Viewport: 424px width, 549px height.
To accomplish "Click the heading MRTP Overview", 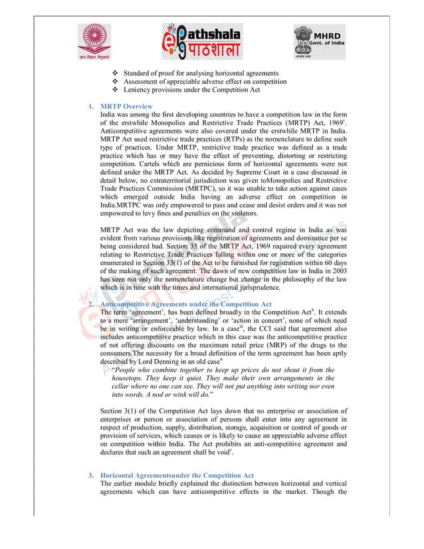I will click(x=126, y=106).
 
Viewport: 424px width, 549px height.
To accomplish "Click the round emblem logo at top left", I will click(x=97, y=41).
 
